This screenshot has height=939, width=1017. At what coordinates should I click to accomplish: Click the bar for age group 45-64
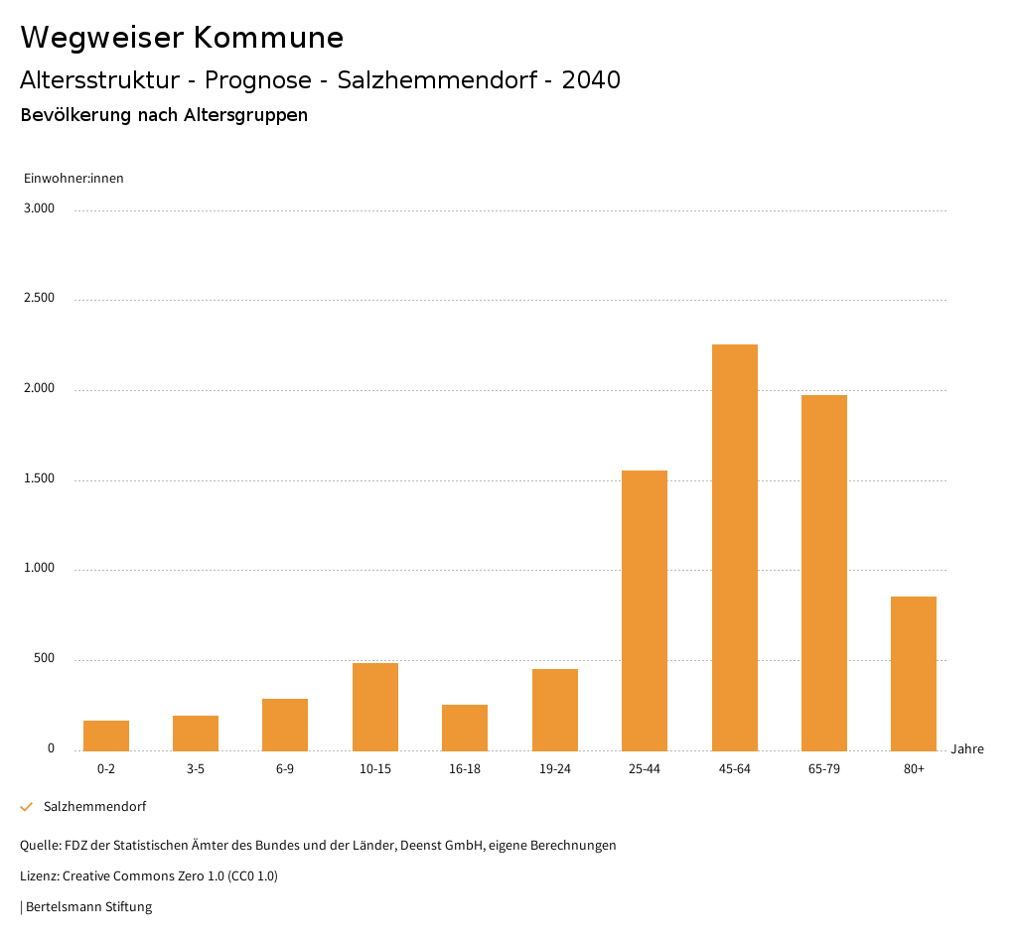pyautogui.click(x=734, y=547)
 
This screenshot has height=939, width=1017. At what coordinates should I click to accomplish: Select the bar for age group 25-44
pyautogui.click(x=645, y=610)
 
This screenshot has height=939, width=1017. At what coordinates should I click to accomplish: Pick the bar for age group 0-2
pyautogui.click(x=106, y=736)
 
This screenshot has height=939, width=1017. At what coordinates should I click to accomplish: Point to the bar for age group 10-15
pyautogui.click(x=375, y=707)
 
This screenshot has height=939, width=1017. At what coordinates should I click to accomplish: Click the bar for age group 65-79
pyautogui.click(x=824, y=573)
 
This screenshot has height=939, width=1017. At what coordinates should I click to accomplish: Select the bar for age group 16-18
pyautogui.click(x=465, y=728)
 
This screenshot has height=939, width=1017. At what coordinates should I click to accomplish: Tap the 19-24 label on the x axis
pyautogui.click(x=554, y=769)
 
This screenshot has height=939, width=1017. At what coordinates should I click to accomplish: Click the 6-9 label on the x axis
pyautogui.click(x=285, y=769)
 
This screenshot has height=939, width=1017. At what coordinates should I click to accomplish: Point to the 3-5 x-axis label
pyautogui.click(x=196, y=769)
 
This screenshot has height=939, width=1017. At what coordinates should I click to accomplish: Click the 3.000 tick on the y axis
pyautogui.click(x=40, y=208)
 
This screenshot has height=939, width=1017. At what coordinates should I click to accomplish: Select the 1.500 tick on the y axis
pyautogui.click(x=40, y=478)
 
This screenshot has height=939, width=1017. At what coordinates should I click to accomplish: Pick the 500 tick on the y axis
pyautogui.click(x=44, y=659)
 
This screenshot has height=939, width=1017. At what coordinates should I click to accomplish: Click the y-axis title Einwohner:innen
pyautogui.click(x=73, y=179)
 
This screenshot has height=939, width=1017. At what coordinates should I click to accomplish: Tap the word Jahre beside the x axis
pyautogui.click(x=967, y=749)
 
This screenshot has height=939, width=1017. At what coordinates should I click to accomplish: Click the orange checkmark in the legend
pyautogui.click(x=27, y=807)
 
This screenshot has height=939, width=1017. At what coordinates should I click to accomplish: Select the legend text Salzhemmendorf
pyautogui.click(x=94, y=807)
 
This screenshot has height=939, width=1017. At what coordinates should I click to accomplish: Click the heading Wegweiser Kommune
pyautogui.click(x=182, y=38)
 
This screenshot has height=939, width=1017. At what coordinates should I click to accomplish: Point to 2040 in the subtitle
pyautogui.click(x=591, y=80)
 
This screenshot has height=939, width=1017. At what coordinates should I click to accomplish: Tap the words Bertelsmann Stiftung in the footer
pyautogui.click(x=88, y=907)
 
